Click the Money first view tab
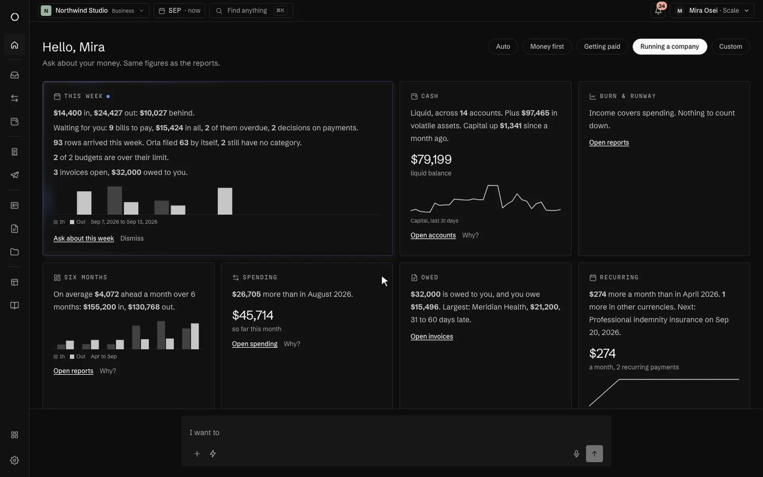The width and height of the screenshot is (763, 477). pyautogui.click(x=547, y=47)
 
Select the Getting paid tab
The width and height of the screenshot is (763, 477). pyautogui.click(x=602, y=47)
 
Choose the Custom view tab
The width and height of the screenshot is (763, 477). pyautogui.click(x=730, y=47)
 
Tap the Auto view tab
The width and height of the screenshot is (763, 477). pyautogui.click(x=503, y=47)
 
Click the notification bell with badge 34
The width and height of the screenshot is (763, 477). pyautogui.click(x=658, y=10)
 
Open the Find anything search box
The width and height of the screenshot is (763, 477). pyautogui.click(x=251, y=10)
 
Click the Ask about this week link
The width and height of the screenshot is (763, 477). pyautogui.click(x=83, y=238)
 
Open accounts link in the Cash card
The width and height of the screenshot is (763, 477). pyautogui.click(x=433, y=235)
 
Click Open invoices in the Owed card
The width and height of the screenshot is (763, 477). pyautogui.click(x=432, y=336)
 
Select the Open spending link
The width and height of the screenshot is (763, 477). pyautogui.click(x=255, y=344)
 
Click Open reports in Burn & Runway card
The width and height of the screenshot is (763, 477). pyautogui.click(x=609, y=142)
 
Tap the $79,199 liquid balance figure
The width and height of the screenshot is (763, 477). pyautogui.click(x=431, y=159)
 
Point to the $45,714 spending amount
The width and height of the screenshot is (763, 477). pyautogui.click(x=253, y=315)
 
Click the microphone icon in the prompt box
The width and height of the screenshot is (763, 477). pyautogui.click(x=576, y=454)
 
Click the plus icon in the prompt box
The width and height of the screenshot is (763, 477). pyautogui.click(x=197, y=454)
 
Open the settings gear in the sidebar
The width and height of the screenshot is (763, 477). pyautogui.click(x=15, y=460)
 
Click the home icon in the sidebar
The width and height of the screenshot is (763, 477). pyautogui.click(x=15, y=45)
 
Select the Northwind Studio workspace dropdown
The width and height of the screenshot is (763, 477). pyautogui.click(x=93, y=10)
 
